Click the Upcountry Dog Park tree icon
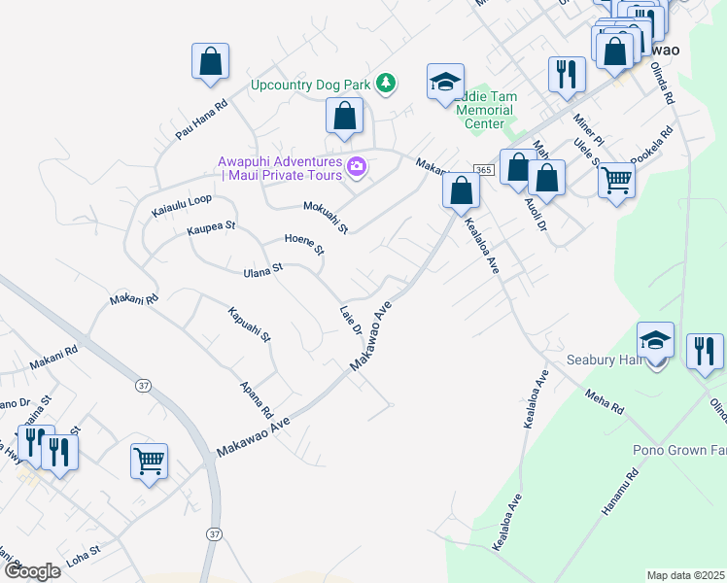(387, 84)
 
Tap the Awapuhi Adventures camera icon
(357, 168)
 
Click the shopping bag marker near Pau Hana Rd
(210, 62)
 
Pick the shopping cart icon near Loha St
(149, 461)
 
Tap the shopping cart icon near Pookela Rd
(617, 180)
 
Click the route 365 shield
(483, 170)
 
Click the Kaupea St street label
(211, 229)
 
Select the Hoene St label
(304, 244)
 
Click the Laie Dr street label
(351, 321)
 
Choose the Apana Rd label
(257, 398)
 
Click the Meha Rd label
(604, 399)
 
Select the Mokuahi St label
(326, 217)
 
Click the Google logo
(32, 571)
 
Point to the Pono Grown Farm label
(678, 451)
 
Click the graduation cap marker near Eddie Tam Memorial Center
(445, 82)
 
